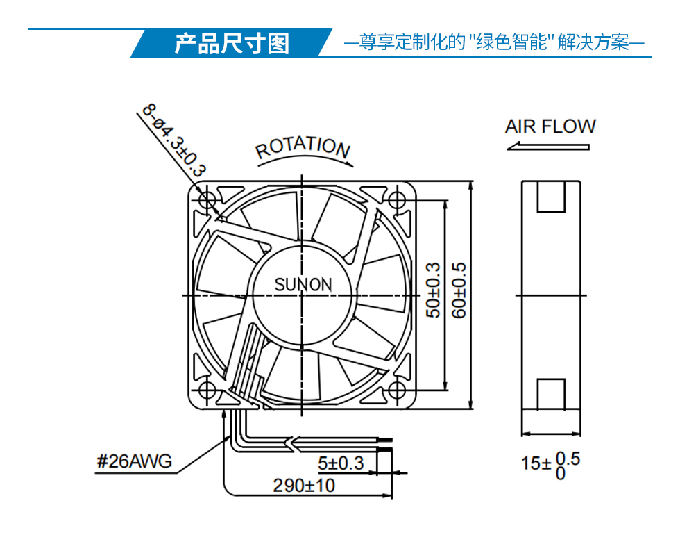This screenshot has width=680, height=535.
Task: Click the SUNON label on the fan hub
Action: (x=303, y=284)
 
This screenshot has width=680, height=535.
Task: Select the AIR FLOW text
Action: (x=550, y=126)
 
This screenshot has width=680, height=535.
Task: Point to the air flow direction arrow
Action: (x=548, y=147)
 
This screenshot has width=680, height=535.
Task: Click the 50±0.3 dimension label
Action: (x=433, y=290)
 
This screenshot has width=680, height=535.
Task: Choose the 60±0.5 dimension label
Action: (x=459, y=290)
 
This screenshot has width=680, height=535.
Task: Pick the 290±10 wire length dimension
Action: (x=304, y=486)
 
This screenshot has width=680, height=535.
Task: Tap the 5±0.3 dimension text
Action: (x=341, y=463)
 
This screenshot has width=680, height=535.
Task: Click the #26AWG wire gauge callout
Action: (x=135, y=461)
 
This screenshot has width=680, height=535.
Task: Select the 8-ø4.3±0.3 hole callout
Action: (x=174, y=140)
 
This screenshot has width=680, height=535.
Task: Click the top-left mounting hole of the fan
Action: (x=207, y=200)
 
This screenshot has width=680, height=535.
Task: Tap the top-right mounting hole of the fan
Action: (x=396, y=200)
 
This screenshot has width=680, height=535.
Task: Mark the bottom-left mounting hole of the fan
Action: (x=207, y=390)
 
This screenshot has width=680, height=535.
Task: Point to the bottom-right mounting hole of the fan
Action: (x=396, y=390)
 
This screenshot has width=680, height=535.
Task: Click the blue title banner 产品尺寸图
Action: (x=232, y=43)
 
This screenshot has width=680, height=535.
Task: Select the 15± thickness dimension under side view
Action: (x=550, y=465)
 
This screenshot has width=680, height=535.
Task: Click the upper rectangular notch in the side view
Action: (x=551, y=197)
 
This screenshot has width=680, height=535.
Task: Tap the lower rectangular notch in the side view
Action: (x=551, y=394)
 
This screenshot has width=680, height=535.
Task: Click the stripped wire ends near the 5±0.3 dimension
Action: (x=385, y=445)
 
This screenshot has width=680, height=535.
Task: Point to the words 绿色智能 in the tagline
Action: (x=512, y=42)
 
